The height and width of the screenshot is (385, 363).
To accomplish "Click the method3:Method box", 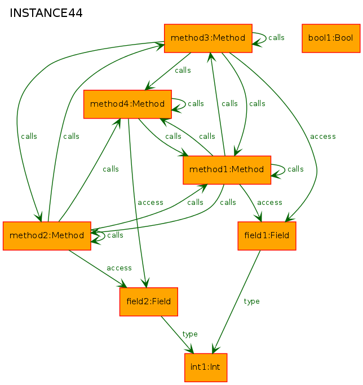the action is (x=208, y=38).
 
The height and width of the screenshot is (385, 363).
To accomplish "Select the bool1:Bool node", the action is (x=331, y=38).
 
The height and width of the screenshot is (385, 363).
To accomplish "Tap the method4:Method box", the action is (x=127, y=104).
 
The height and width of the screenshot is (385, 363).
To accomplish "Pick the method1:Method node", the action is (x=227, y=170).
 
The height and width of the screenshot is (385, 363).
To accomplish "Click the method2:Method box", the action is (x=47, y=236).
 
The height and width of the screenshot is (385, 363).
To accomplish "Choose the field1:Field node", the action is (x=267, y=236).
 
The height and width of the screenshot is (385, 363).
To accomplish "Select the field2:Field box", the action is (x=149, y=302).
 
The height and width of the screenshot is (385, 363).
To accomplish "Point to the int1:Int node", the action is (x=206, y=368).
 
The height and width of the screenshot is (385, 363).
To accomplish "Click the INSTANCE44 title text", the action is (x=46, y=13).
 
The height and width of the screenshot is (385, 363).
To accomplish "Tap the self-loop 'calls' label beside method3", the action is (x=276, y=38).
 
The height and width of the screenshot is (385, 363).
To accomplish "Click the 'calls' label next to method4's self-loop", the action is (x=196, y=104).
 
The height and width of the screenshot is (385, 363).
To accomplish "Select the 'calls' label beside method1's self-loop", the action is (x=295, y=169).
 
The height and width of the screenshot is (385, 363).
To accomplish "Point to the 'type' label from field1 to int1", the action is (x=251, y=301).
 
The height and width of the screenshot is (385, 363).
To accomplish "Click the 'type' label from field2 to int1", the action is (x=190, y=334).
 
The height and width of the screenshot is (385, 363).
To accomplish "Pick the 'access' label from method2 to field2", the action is (x=119, y=268).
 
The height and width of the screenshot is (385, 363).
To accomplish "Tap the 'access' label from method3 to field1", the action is (x=323, y=137).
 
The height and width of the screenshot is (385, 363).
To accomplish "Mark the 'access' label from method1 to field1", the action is (x=269, y=203).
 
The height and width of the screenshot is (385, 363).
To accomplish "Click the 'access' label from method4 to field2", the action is (x=150, y=203).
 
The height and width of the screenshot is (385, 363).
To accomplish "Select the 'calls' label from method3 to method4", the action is (x=183, y=71).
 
